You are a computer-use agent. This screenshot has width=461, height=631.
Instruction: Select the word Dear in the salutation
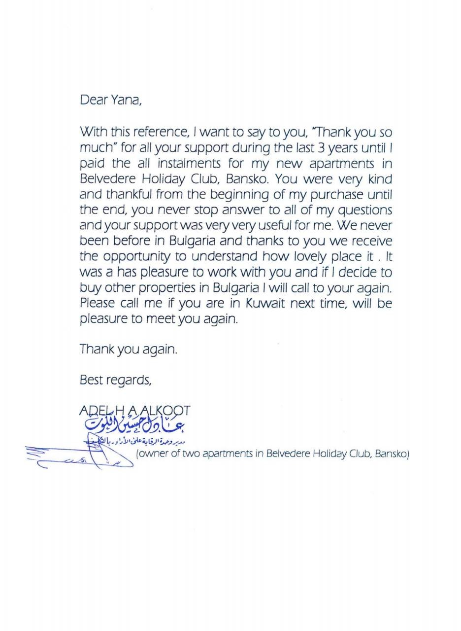coord(94,100)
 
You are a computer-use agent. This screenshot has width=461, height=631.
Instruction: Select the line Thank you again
coord(128,350)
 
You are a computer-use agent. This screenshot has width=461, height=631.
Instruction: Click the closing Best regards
coord(115,380)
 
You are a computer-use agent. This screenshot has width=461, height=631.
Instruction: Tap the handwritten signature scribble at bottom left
coord(74,456)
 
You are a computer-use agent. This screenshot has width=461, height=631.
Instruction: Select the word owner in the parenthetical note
coord(154,454)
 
